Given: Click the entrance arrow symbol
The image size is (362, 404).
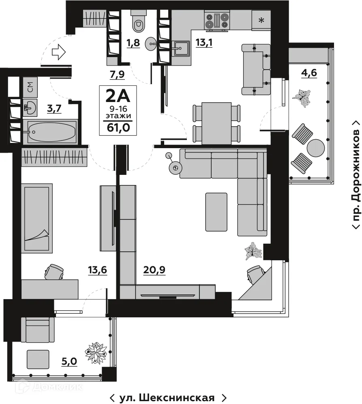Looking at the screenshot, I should click(59, 52).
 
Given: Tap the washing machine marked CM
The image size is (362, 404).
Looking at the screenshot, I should click(30, 85).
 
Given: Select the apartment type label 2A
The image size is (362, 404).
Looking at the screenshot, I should click(118, 96).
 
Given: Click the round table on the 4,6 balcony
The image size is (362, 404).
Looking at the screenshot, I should click(316, 148).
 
